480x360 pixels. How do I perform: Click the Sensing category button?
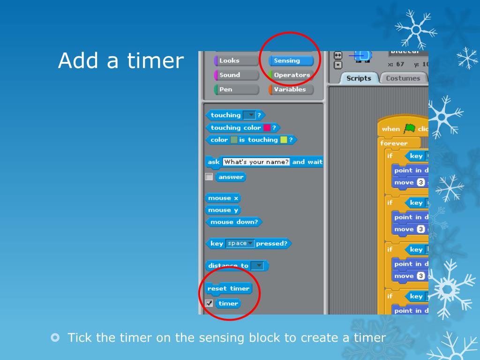pyautogui.click(x=291, y=60)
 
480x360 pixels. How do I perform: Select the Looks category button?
pyautogui.click(x=236, y=60)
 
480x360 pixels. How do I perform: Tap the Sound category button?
pyautogui.click(x=236, y=75)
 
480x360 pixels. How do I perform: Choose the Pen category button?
pyautogui.click(x=236, y=90)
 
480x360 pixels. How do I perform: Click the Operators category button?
pyautogui.click(x=291, y=75)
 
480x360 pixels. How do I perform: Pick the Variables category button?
pyautogui.click(x=291, y=90)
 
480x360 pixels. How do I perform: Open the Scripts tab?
pyautogui.click(x=358, y=78)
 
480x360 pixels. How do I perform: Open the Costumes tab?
pyautogui.click(x=403, y=78)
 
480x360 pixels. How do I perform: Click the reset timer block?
pyautogui.click(x=228, y=288)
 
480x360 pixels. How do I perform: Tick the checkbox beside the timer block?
pyautogui.click(x=209, y=303)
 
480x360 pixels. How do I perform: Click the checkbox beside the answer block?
pyautogui.click(x=209, y=177)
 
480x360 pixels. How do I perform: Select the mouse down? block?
pyautogui.click(x=234, y=222)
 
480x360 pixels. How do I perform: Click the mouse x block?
pyautogui.click(x=223, y=198)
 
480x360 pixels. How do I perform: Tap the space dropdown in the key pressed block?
pyautogui.click(x=240, y=243)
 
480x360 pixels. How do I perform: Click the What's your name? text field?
pyautogui.click(x=256, y=162)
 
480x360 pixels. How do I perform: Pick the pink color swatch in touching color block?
pyautogui.click(x=267, y=127)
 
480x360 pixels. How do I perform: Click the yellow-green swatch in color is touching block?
pyautogui.click(x=284, y=140)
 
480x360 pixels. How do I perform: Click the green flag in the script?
pyautogui.click(x=410, y=128)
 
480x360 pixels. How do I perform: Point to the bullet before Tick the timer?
pyautogui.click(x=55, y=337)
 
